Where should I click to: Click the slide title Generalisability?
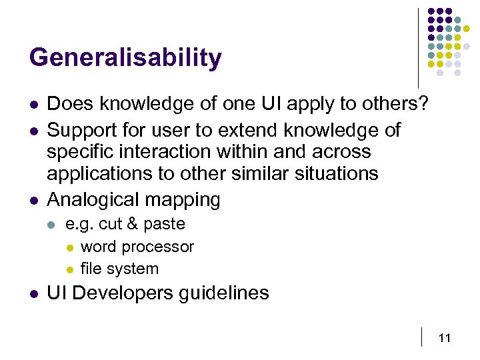[125, 59]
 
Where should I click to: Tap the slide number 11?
[445, 338]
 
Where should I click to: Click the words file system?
[119, 269]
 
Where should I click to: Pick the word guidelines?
[225, 293]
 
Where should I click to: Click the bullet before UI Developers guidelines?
[33, 293]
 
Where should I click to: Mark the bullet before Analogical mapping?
[33, 199]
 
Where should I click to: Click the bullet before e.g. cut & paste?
[53, 225]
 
